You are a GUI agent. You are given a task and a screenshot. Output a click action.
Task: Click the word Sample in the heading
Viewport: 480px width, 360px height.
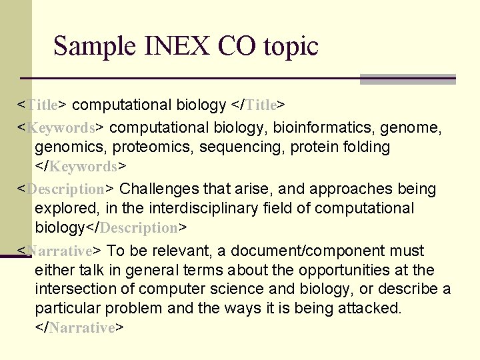click(91, 47)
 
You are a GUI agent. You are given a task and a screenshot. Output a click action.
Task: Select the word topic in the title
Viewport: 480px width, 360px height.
click(291, 47)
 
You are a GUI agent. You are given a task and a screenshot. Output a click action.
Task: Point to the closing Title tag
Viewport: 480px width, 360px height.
click(258, 105)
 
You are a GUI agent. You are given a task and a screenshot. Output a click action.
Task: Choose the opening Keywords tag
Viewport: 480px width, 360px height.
click(61, 127)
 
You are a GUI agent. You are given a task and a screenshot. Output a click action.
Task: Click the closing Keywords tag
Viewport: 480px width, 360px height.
click(81, 166)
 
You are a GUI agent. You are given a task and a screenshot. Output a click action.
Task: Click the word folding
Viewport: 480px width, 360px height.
click(366, 147)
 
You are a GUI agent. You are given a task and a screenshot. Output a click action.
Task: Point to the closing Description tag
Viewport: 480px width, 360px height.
click(136, 228)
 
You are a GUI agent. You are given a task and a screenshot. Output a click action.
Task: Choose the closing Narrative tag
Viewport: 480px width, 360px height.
click(80, 328)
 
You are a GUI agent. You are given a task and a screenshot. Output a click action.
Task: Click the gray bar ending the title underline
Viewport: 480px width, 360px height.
click(407, 79)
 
